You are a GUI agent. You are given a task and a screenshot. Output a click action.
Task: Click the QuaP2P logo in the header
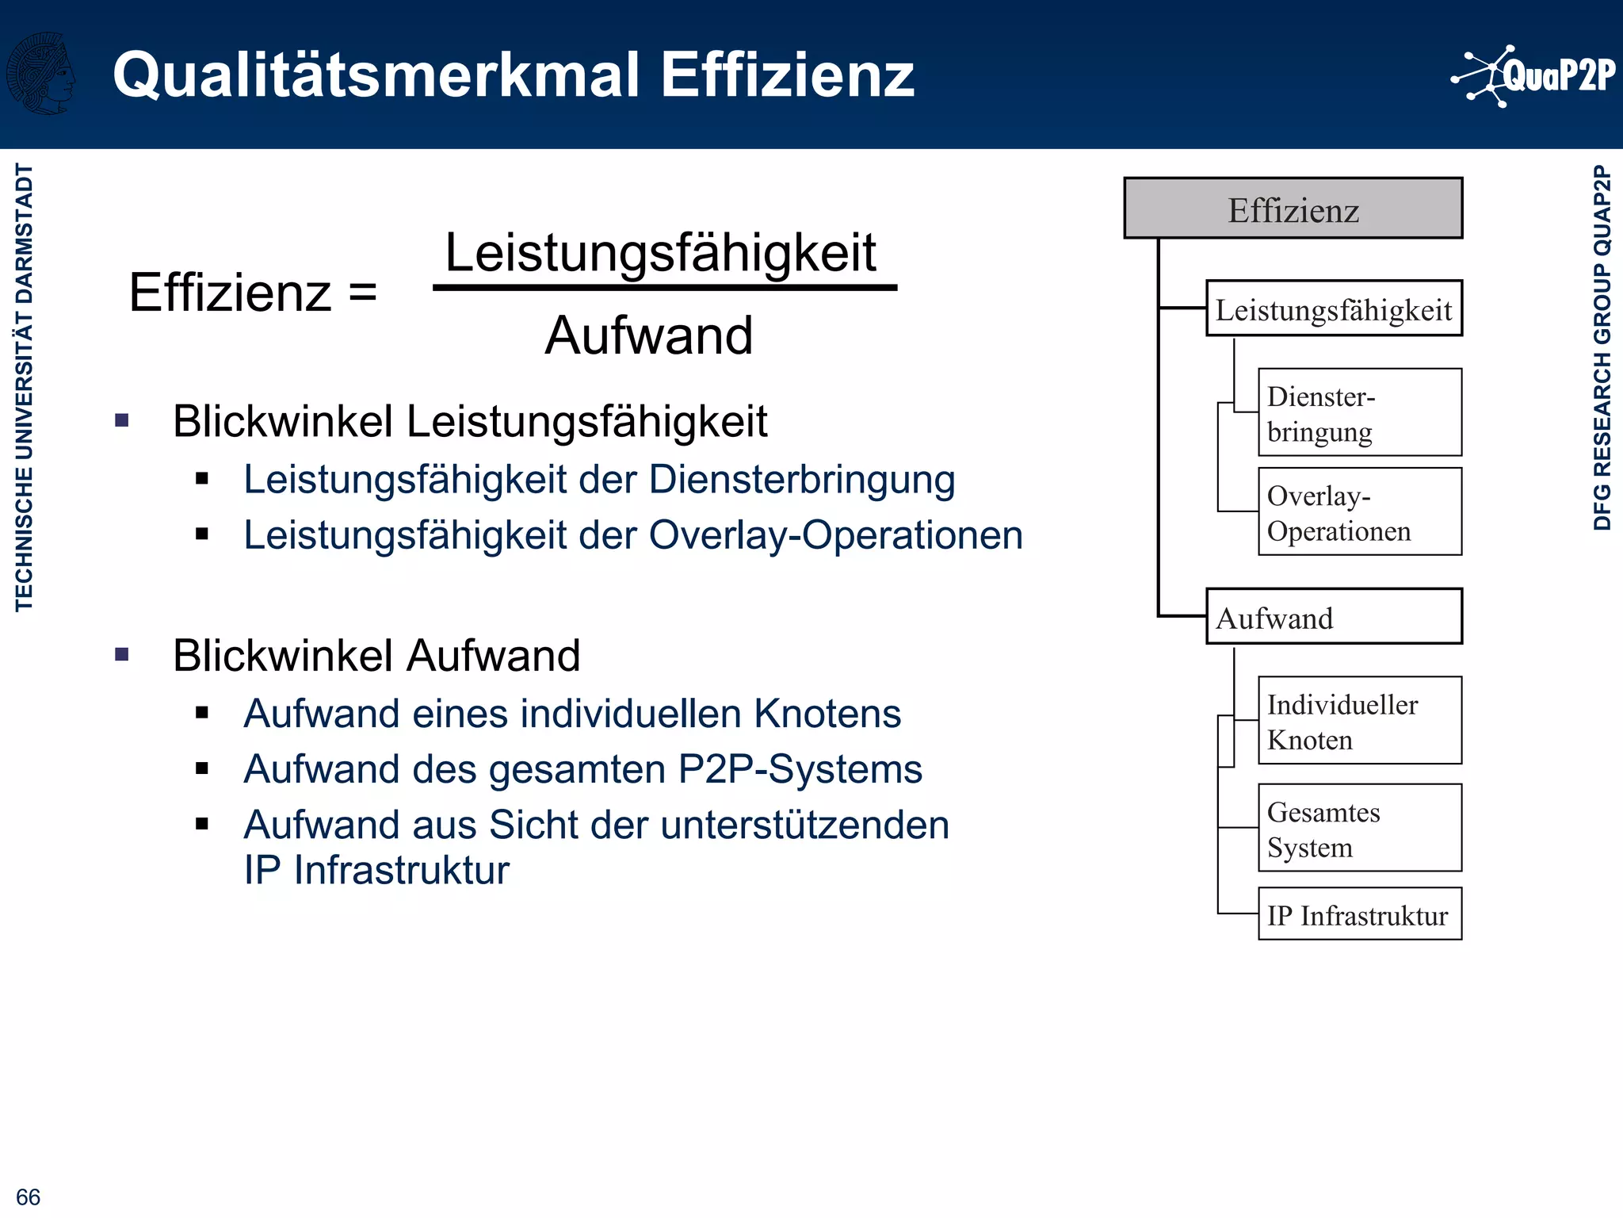[1533, 76]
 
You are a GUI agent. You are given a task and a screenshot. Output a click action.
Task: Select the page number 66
[28, 1197]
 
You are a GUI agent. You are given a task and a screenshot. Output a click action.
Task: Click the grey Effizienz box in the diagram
[1293, 209]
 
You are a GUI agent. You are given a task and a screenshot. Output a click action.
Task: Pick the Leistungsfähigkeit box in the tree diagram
[1334, 308]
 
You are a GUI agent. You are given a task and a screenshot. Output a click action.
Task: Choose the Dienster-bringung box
[1359, 412]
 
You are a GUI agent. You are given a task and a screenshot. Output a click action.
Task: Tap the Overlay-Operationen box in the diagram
[1359, 511]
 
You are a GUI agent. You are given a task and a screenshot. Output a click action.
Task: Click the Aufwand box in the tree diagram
[1334, 616]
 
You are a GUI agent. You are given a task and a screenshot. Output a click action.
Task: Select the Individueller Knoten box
[1359, 720]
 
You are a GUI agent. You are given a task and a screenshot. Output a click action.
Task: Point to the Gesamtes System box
[1359, 828]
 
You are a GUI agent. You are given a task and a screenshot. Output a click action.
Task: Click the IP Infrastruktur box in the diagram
[1359, 914]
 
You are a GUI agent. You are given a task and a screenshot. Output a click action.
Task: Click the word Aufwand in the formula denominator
[648, 335]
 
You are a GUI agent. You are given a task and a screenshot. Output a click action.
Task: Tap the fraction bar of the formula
[664, 288]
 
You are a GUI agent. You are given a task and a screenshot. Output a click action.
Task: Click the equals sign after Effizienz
[363, 291]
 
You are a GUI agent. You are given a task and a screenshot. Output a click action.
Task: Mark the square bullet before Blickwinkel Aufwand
[122, 655]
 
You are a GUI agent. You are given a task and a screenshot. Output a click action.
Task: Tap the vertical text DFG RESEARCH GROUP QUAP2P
[1602, 347]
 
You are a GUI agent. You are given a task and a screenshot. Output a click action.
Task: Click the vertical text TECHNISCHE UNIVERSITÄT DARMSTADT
[24, 387]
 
